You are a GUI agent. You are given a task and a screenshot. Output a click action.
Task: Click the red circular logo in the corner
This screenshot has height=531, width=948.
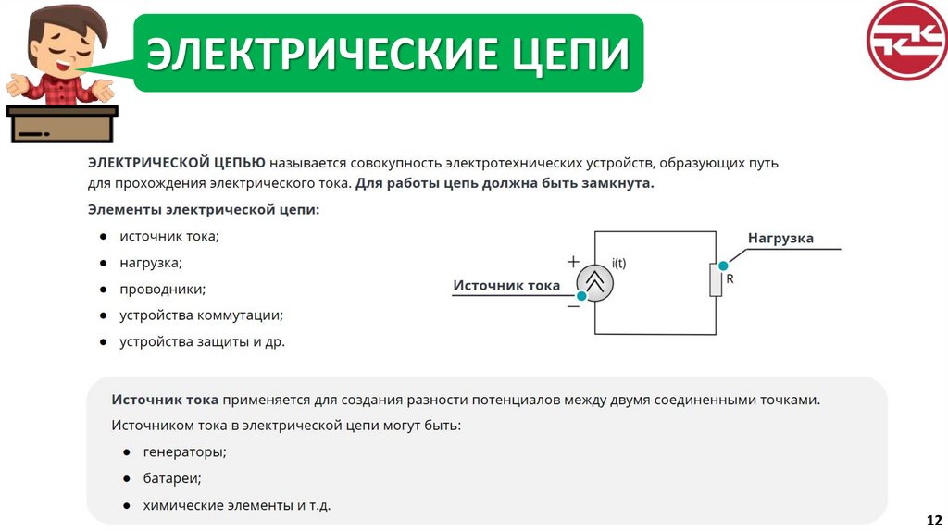point(906,41)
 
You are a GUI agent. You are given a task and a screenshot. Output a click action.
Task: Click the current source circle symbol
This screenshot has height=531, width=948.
point(595,283)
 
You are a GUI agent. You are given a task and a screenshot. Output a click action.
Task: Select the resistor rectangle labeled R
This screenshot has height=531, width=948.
point(716,278)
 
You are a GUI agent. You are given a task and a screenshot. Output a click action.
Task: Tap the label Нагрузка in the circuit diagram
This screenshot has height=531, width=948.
point(780,239)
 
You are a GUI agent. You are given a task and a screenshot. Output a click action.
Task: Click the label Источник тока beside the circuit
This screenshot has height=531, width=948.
point(506,285)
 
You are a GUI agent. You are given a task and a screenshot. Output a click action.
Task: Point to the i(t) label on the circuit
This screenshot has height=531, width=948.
point(618,263)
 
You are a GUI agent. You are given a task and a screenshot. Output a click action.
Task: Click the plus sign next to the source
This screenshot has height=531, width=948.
point(573,261)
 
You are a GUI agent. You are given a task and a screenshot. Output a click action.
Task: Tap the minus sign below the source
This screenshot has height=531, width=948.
point(573,306)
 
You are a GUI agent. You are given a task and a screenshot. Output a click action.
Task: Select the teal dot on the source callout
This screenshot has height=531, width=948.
point(581,296)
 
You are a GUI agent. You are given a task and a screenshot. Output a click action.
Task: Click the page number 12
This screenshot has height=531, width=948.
point(933,517)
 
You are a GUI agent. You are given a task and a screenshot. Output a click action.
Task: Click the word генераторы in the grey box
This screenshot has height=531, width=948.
point(184,452)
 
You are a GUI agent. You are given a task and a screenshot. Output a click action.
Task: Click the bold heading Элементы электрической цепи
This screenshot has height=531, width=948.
point(204,210)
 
